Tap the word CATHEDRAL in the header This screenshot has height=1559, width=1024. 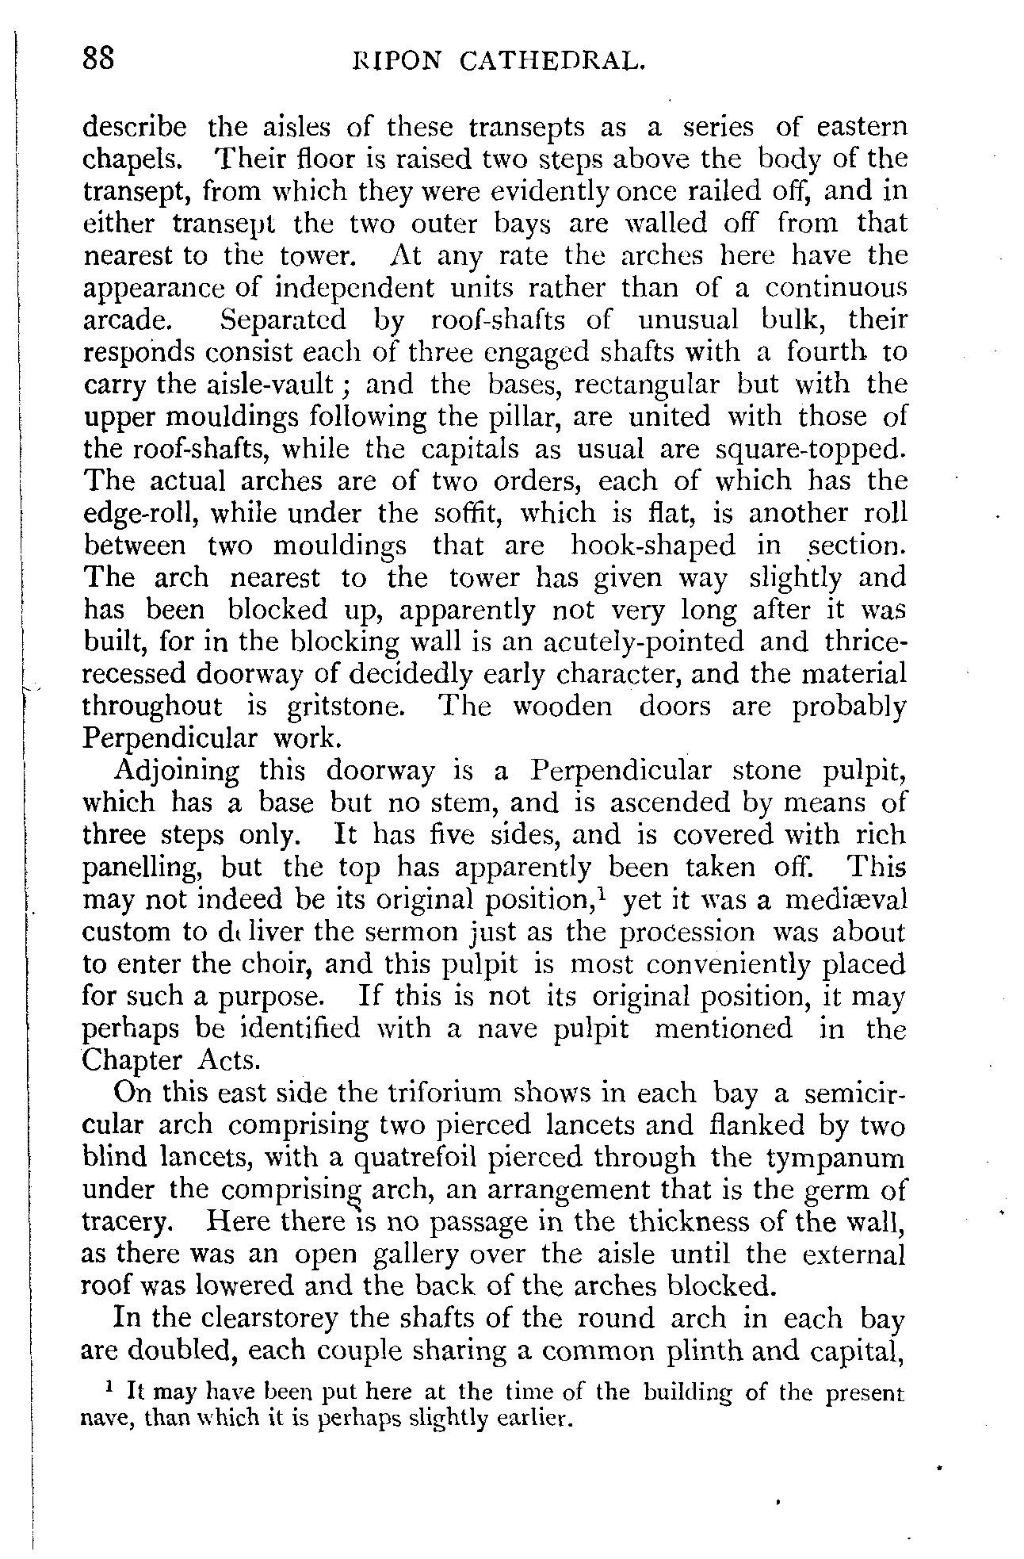coord(547,61)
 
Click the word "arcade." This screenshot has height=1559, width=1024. coord(127,320)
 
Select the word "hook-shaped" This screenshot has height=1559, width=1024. coord(652,546)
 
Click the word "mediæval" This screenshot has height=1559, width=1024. coord(846,901)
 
